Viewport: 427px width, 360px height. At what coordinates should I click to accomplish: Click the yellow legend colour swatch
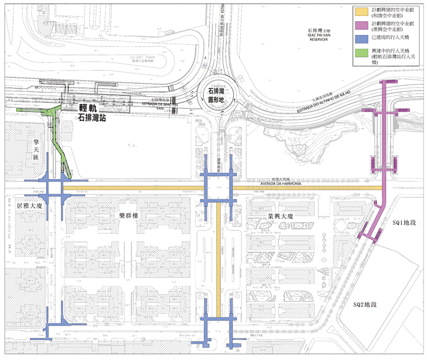click(363, 9)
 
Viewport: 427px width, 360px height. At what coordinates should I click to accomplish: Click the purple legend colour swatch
click(363, 25)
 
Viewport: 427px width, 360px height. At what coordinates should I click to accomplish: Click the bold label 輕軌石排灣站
click(93, 113)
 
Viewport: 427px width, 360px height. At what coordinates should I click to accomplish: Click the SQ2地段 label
click(365, 305)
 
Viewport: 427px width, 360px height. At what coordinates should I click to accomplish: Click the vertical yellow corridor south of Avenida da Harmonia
click(218, 254)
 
